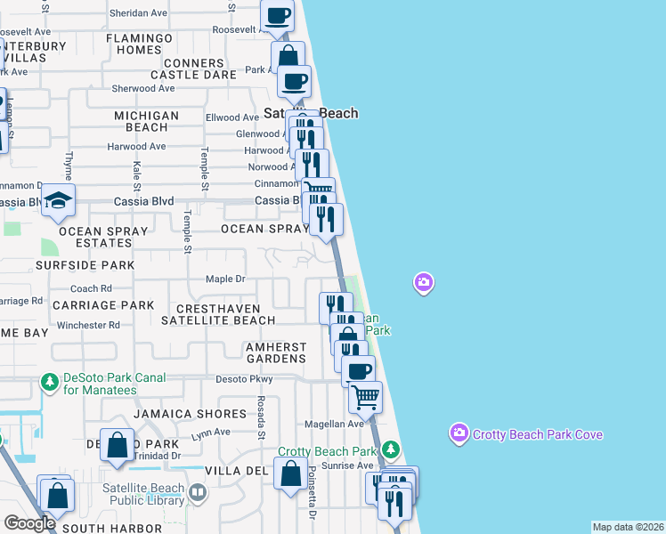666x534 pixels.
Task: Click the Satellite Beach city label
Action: pyautogui.click(x=312, y=113)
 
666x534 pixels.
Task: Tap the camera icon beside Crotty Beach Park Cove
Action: pyautogui.click(x=459, y=433)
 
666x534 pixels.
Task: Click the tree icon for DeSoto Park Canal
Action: pyautogui.click(x=50, y=384)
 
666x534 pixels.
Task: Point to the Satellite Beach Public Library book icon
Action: pyautogui.click(x=198, y=490)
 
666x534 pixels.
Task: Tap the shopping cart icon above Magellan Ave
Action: pyautogui.click(x=365, y=397)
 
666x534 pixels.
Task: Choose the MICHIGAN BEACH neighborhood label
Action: pyautogui.click(x=147, y=122)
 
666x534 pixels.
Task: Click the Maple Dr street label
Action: pyautogui.click(x=225, y=279)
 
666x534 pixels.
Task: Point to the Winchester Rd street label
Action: pyautogui.click(x=88, y=325)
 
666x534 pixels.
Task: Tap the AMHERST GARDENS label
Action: pyautogui.click(x=276, y=352)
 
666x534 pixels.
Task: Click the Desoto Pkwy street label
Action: pyautogui.click(x=244, y=379)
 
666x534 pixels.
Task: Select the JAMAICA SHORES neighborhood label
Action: pyautogui.click(x=190, y=414)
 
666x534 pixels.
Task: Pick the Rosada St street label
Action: pyautogui.click(x=262, y=417)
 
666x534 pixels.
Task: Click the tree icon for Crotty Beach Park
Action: pyautogui.click(x=390, y=451)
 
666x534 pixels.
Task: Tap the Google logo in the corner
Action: pyautogui.click(x=29, y=523)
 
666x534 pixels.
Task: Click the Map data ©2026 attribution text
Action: pyautogui.click(x=628, y=527)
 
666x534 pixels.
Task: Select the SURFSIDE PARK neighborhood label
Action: pyautogui.click(x=85, y=265)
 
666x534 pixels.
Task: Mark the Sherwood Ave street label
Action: pyautogui.click(x=143, y=88)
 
